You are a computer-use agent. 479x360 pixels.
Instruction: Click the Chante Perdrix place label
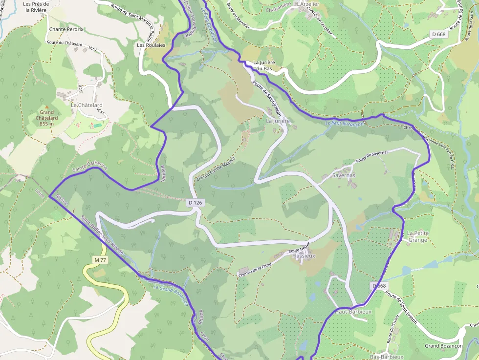[66, 29]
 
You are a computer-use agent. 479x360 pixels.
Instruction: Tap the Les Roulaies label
[151, 45]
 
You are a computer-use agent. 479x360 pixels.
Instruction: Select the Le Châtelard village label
[87, 105]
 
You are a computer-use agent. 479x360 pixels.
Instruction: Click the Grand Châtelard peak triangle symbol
[47, 106]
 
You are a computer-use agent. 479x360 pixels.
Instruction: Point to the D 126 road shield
[195, 202]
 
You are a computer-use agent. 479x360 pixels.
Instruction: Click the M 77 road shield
[100, 260]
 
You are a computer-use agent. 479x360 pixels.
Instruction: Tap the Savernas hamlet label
[344, 175]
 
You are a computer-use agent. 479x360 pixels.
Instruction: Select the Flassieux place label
[304, 255]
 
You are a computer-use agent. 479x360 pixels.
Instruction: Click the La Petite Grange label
[417, 236]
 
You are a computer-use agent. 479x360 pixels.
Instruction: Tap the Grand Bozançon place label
[443, 346]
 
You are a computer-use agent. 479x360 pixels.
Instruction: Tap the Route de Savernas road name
[372, 157]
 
